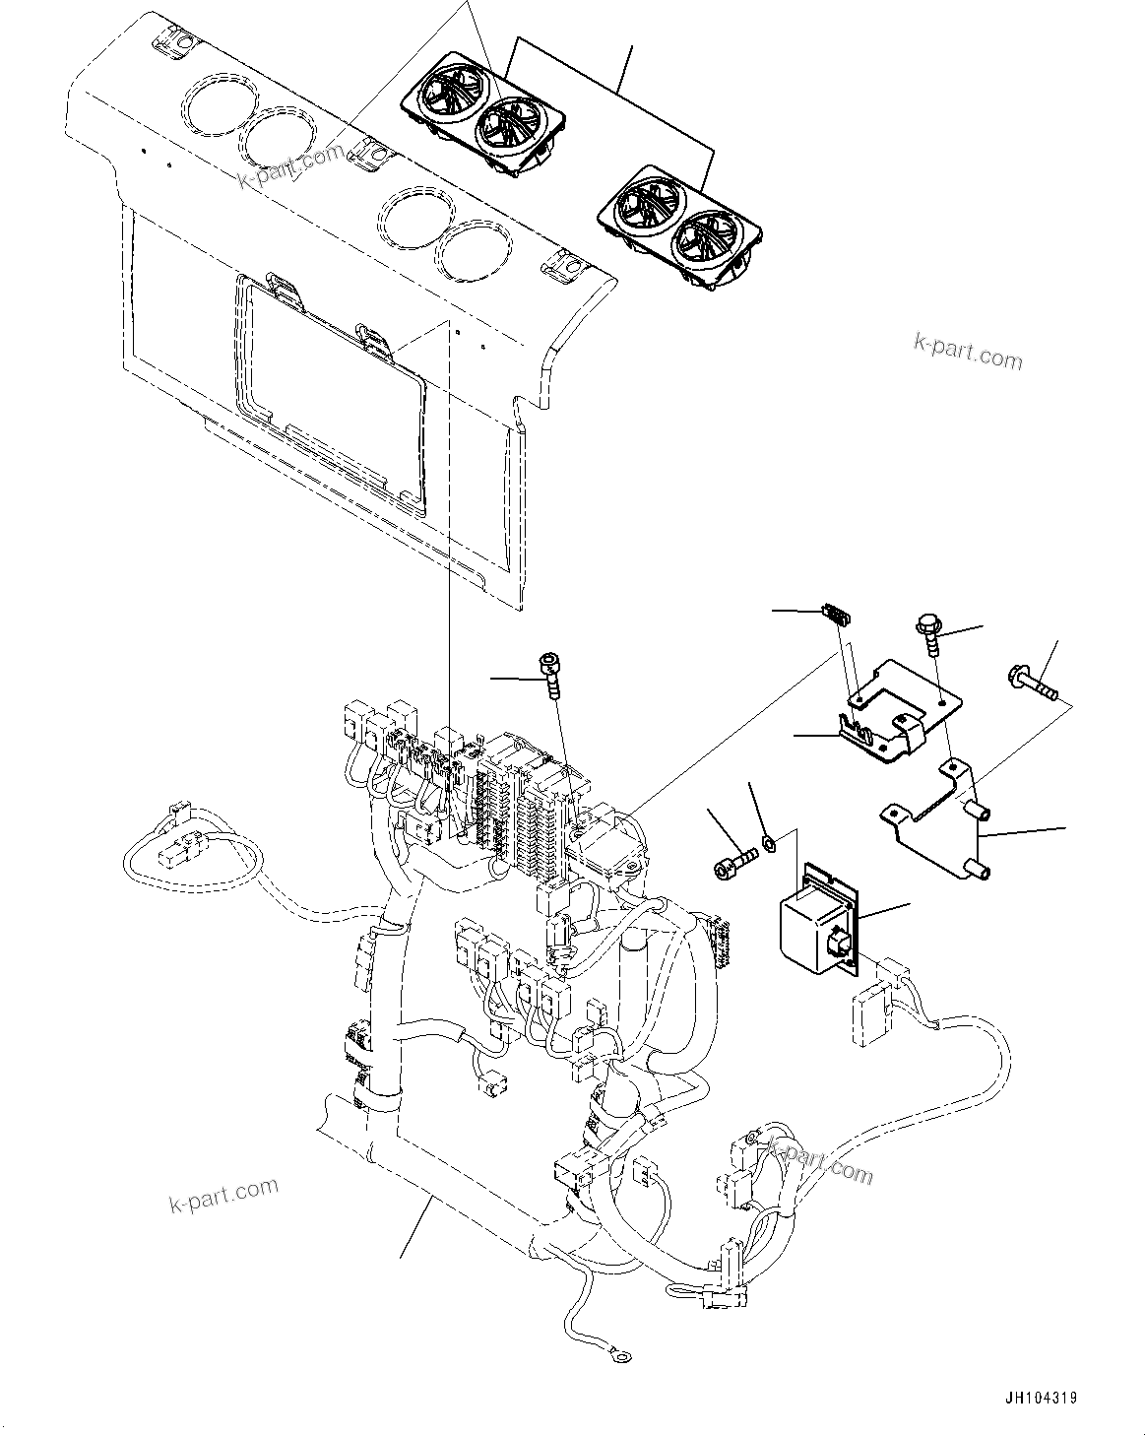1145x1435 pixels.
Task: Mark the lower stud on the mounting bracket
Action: pos(979,870)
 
